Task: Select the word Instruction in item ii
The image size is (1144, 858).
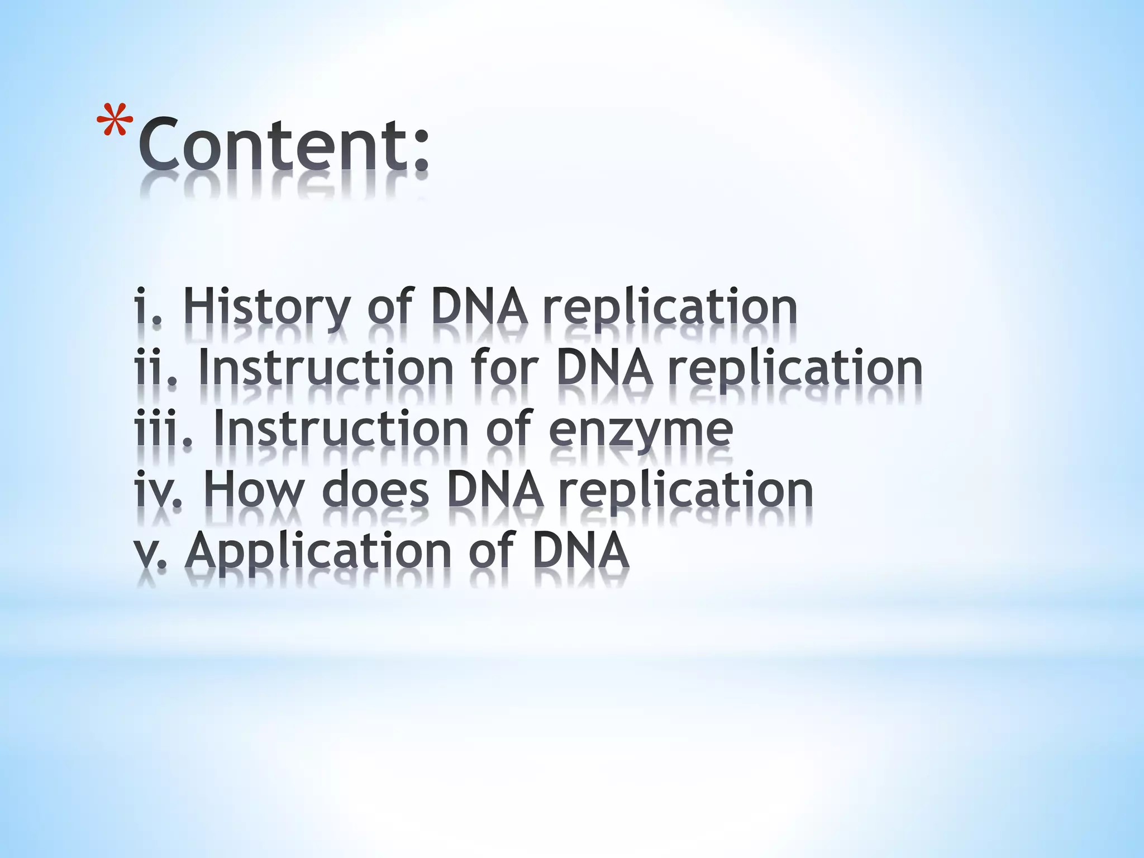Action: [x=326, y=368]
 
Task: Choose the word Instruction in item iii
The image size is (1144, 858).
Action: [x=341, y=429]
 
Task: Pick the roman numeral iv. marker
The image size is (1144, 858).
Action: [x=159, y=489]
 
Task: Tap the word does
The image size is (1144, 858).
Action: [x=375, y=489]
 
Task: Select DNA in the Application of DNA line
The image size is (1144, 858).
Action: [x=581, y=551]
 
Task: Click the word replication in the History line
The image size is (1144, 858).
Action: [x=670, y=308]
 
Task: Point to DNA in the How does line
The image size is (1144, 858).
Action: [x=495, y=489]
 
